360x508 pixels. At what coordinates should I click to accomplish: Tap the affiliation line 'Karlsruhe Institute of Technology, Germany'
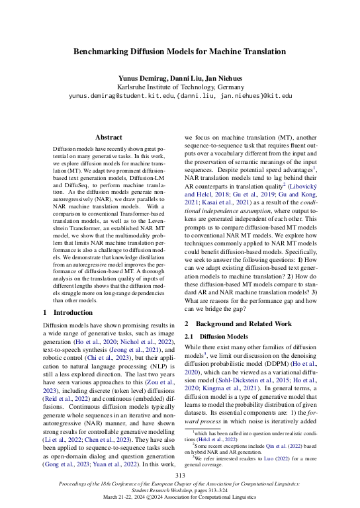pos(179,87)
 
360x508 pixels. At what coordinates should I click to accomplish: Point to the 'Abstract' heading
pos(109,137)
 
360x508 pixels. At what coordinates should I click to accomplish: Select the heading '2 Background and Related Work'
pos(238,323)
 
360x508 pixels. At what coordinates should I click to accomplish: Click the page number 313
pos(179,475)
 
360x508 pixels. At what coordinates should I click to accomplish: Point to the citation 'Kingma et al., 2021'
pos(227,390)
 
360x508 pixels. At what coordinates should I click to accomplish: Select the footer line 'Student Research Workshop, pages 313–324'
pos(179,491)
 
